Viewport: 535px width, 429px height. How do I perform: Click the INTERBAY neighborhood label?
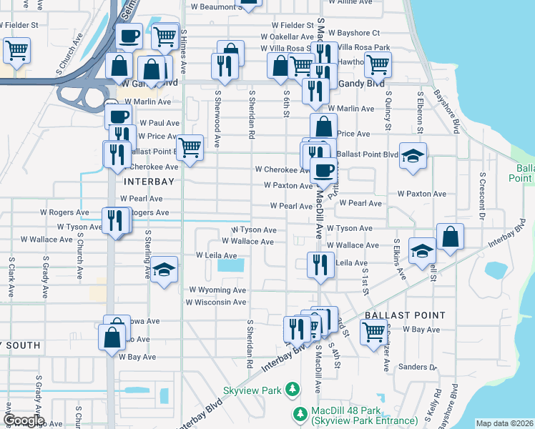[149, 182]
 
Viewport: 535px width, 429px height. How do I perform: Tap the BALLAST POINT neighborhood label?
[405, 315]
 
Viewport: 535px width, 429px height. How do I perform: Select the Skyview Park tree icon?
[292, 389]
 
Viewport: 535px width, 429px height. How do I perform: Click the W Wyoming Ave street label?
[217, 290]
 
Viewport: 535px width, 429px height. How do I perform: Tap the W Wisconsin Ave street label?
[216, 302]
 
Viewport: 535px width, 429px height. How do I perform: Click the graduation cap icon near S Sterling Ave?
[165, 270]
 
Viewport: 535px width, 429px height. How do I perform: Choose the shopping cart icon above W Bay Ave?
[373, 332]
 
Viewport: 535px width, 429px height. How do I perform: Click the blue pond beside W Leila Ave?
[230, 265]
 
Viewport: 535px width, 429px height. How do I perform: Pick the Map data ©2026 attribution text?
[504, 423]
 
